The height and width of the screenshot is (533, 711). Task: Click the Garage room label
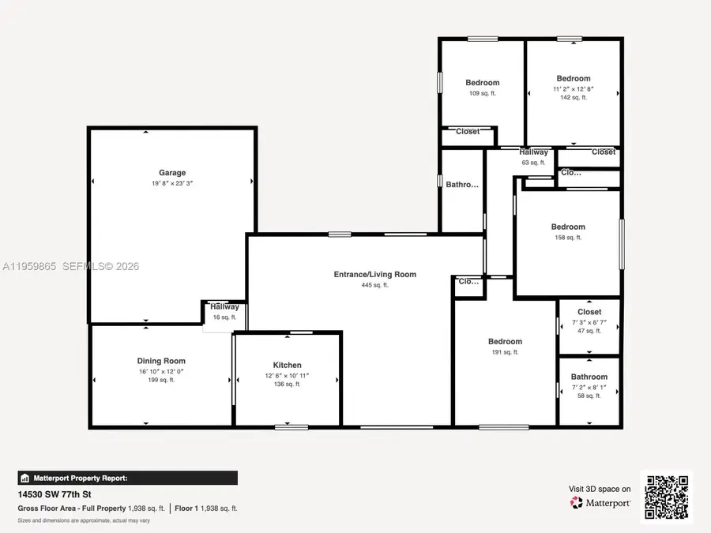[x=172, y=173]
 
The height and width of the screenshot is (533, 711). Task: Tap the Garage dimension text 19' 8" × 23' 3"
[x=172, y=183]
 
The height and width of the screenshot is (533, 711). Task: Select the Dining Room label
[x=161, y=361]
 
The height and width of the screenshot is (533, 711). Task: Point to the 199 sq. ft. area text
[x=161, y=380]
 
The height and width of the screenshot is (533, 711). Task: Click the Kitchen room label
[x=288, y=365]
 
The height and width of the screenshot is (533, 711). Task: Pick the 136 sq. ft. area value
[x=288, y=385]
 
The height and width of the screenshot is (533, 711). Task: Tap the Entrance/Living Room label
[x=374, y=275]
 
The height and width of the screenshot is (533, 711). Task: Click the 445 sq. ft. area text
[x=374, y=285]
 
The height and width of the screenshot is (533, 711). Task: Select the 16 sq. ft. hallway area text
[x=224, y=317]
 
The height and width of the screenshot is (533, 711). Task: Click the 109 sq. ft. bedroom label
[x=482, y=93]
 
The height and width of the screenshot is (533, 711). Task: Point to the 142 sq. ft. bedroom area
[x=574, y=98]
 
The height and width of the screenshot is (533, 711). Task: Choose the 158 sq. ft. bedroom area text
[x=568, y=237]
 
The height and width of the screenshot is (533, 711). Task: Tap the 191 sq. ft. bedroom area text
[x=505, y=352]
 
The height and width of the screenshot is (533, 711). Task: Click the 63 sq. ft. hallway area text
[x=534, y=162]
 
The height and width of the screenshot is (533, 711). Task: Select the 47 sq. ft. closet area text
[x=589, y=332]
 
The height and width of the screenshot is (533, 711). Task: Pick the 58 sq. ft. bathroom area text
[x=589, y=396]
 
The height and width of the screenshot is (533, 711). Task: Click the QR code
[x=666, y=497]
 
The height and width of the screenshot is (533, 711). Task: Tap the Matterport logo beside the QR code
[x=600, y=502]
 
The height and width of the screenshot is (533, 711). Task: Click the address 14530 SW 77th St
[x=48, y=494]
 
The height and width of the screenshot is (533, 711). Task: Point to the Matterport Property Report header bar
[x=127, y=478]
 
